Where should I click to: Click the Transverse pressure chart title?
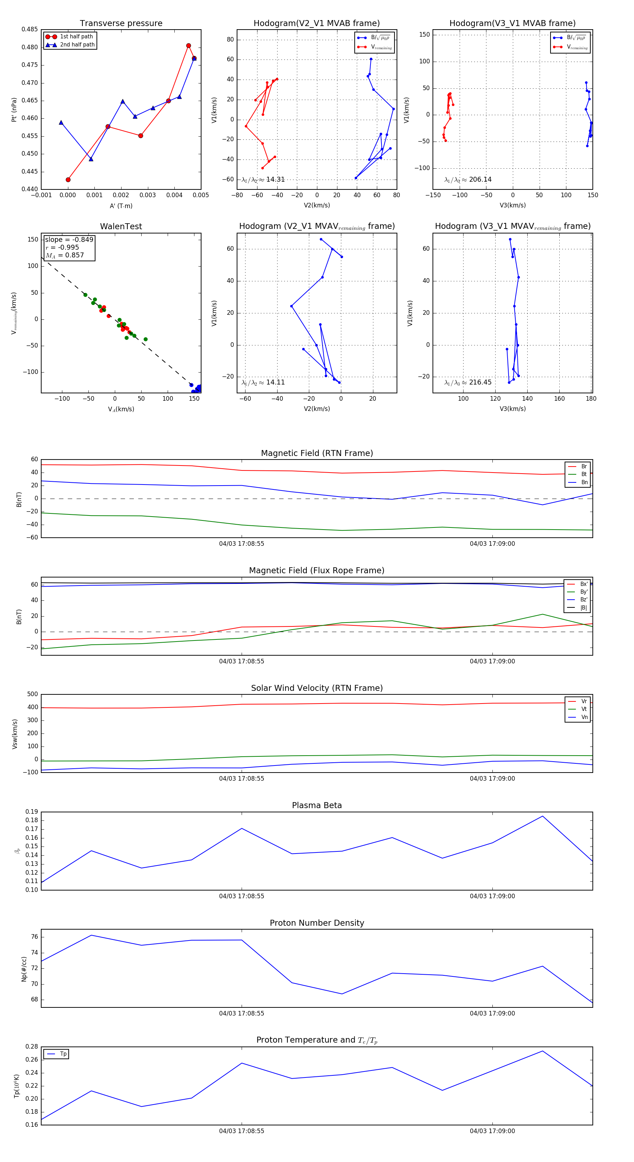121,24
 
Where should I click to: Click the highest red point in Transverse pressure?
189,45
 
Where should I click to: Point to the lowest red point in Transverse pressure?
68,180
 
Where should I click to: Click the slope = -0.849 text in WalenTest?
69,239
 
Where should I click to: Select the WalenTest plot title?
121,226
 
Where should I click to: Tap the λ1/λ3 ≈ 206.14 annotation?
468,180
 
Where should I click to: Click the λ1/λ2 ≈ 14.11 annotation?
263,382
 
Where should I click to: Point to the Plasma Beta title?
317,806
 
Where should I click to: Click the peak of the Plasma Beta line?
542,816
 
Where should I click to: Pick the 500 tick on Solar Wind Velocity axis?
32,694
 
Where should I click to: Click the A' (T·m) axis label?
121,206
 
